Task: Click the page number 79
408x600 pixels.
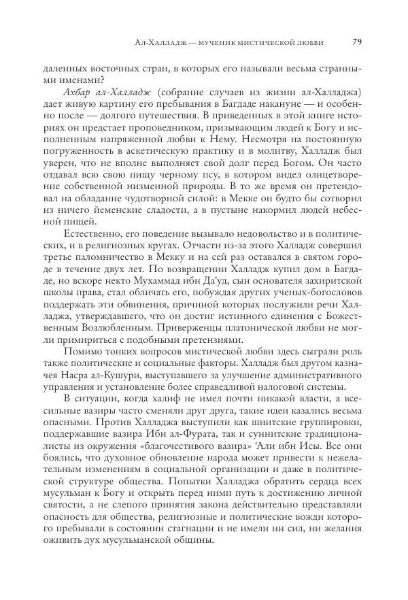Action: point(356,42)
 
